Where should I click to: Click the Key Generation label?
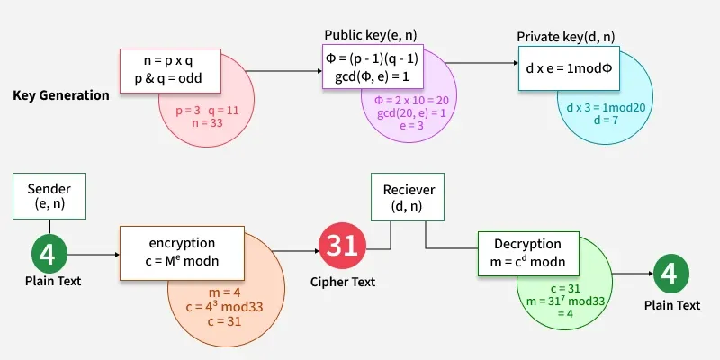pos(61,95)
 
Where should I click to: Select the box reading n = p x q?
pos(171,69)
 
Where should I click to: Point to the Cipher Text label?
pos(342,282)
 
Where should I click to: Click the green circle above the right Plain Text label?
pos(671,275)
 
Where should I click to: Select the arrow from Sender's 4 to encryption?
pos(94,255)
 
